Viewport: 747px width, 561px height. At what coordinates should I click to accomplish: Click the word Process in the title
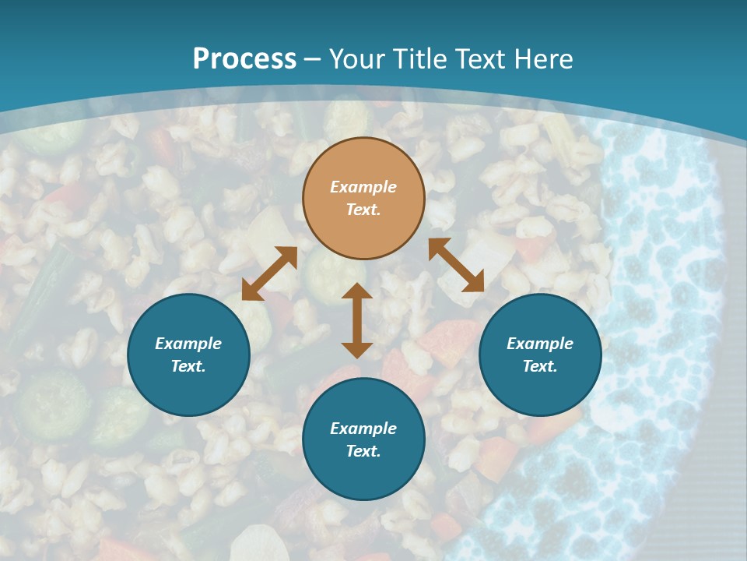click(x=244, y=59)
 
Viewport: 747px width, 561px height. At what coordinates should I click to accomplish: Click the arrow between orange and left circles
click(x=269, y=273)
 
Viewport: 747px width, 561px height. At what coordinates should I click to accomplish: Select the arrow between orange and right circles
click(x=456, y=265)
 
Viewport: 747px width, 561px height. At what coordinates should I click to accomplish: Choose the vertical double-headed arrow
click(x=357, y=320)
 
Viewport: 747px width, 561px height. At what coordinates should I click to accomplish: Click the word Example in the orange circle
click(x=363, y=187)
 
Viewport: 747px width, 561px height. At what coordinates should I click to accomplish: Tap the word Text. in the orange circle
click(x=363, y=210)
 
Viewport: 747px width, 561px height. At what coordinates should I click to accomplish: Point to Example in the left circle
click(x=188, y=344)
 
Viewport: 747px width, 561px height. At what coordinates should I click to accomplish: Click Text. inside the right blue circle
click(x=540, y=366)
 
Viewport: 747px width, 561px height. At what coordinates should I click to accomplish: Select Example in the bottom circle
click(x=363, y=429)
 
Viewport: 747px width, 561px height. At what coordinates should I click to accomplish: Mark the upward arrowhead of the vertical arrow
click(x=357, y=291)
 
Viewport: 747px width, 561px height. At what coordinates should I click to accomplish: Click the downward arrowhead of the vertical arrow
click(x=357, y=350)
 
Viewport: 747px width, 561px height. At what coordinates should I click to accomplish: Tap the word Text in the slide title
click(x=478, y=59)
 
